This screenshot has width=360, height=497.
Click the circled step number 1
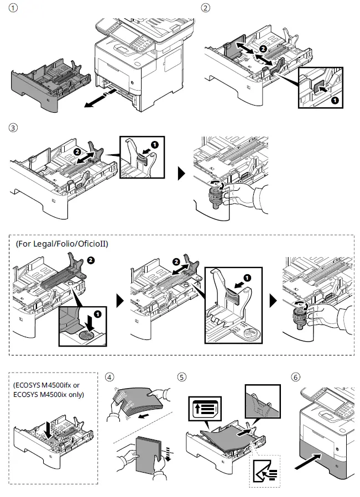(14, 8)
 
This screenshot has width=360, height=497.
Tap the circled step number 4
(110, 378)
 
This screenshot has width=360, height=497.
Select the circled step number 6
(296, 378)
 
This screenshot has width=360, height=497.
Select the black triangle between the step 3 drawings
(181, 174)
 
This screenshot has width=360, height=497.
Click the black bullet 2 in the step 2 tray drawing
(263, 49)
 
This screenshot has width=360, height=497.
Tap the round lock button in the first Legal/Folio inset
(88, 336)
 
